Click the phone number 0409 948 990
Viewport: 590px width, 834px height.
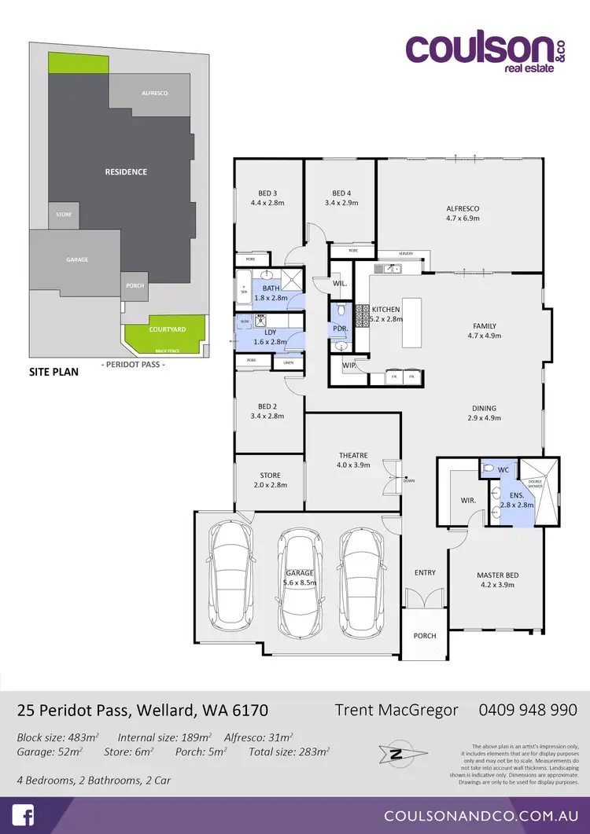pyautogui.click(x=528, y=710)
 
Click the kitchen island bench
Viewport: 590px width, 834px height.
pyautogui.click(x=412, y=322)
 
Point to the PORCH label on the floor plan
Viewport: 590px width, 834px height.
pyautogui.click(x=424, y=635)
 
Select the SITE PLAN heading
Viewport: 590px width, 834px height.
pyautogui.click(x=53, y=372)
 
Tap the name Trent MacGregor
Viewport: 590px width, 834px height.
pyautogui.click(x=396, y=710)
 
